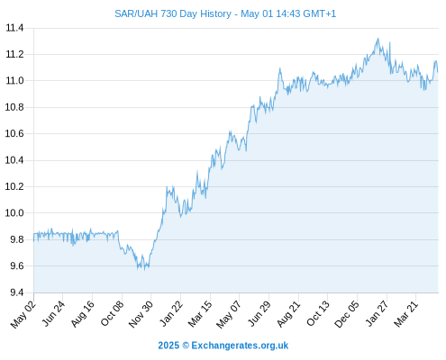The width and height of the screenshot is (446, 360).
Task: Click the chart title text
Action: click(x=225, y=13)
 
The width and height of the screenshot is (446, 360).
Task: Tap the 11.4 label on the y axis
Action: click(x=14, y=28)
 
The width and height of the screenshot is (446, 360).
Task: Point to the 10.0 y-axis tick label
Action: click(x=14, y=213)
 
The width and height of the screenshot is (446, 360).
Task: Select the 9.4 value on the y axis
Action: click(x=17, y=292)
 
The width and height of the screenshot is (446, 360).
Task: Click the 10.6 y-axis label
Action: click(x=14, y=133)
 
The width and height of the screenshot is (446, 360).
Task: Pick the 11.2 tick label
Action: click(x=14, y=55)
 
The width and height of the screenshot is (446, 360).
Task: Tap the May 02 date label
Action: click(x=23, y=314)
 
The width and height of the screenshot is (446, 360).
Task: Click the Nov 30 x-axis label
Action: click(x=141, y=314)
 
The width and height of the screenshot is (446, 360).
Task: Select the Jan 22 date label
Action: click(x=171, y=314)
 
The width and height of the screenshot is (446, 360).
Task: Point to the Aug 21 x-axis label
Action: click(x=288, y=314)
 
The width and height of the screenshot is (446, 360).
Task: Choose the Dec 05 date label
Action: click(x=347, y=314)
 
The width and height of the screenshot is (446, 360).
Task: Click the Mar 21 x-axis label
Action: click(x=406, y=314)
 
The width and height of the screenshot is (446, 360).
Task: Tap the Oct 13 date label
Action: click(x=318, y=314)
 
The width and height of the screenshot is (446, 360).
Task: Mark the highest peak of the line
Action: click(x=378, y=39)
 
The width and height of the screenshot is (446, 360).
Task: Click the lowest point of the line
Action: click(x=145, y=270)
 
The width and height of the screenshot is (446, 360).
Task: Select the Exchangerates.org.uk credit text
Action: click(x=240, y=346)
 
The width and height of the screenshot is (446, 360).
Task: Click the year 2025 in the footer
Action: click(x=168, y=346)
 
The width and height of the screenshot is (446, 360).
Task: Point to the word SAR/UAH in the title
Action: click(x=136, y=13)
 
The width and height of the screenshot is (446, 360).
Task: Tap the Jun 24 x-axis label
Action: click(x=53, y=314)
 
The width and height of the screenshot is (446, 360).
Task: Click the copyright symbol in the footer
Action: click(x=186, y=346)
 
